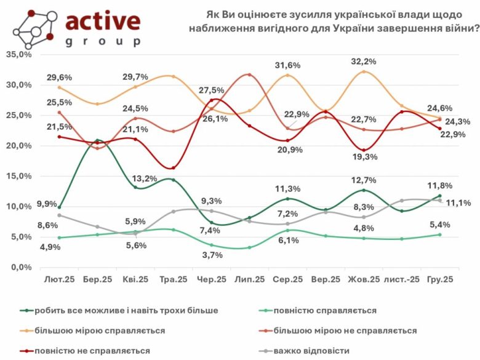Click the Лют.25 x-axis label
tap(60, 279)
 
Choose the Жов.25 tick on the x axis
tap(364, 279)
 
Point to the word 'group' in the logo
tap(102, 42)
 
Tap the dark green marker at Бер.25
tap(98, 140)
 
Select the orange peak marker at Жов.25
tap(364, 71)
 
